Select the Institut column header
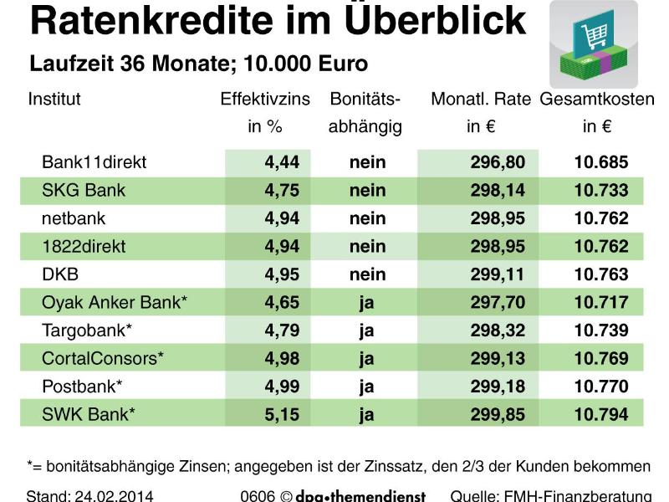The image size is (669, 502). coord(54,100)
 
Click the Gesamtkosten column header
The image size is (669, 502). coord(596,100)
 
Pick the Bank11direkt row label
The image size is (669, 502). coord(94,162)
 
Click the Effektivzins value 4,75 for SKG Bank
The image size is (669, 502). coord(282,191)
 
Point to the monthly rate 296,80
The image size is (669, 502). coord(498,162)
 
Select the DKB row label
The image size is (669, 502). coord(60,274)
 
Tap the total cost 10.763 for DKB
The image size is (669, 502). coord(600,274)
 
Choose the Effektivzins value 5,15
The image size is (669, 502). coord(282,415)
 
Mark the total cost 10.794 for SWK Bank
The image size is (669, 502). coord(600,415)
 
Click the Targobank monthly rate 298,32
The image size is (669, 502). coord(498,330)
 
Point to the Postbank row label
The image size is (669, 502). coord(82,387)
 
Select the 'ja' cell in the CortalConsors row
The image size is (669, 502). coord(366,359)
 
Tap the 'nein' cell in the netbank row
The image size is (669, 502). coord(367,218)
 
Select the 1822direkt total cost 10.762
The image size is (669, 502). coord(600,247)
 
